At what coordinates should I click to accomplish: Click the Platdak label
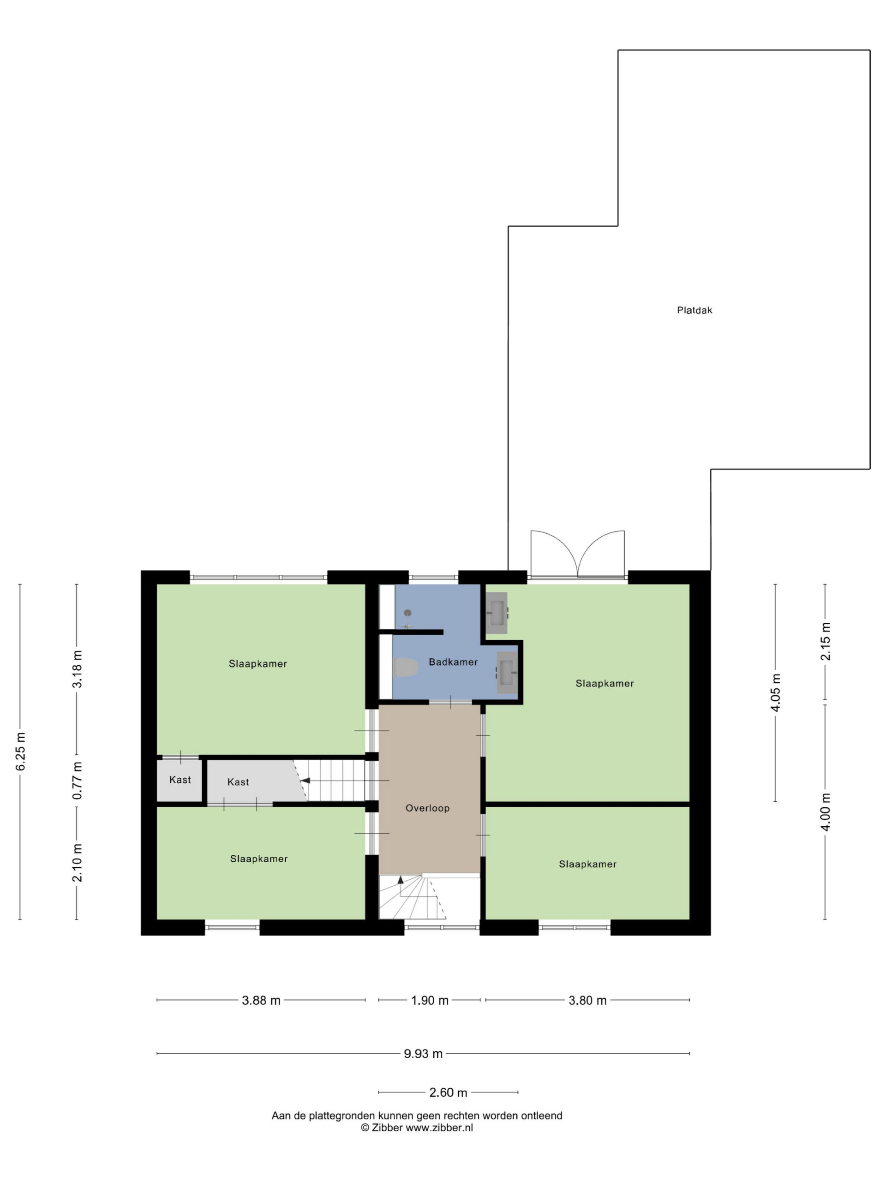(x=694, y=310)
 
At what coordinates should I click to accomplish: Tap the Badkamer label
(x=453, y=662)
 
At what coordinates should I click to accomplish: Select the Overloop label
(x=427, y=808)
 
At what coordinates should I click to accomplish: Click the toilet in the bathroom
(x=405, y=668)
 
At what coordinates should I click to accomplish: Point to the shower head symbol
(x=407, y=613)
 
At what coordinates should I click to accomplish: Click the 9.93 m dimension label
(x=423, y=1053)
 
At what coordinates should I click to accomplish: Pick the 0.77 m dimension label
(x=78, y=781)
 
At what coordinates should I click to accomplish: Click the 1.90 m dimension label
(x=429, y=1000)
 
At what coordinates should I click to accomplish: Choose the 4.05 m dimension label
(x=775, y=692)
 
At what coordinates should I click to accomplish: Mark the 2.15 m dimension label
(x=826, y=641)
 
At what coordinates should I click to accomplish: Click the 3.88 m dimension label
(x=261, y=1000)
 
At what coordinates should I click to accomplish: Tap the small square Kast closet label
(x=180, y=780)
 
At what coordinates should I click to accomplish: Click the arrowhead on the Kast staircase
(x=305, y=781)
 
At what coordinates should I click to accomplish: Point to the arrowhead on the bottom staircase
(x=401, y=879)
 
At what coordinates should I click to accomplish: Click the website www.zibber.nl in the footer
(x=439, y=1127)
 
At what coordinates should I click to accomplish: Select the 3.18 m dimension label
(x=78, y=668)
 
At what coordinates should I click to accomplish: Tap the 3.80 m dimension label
(x=587, y=1000)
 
